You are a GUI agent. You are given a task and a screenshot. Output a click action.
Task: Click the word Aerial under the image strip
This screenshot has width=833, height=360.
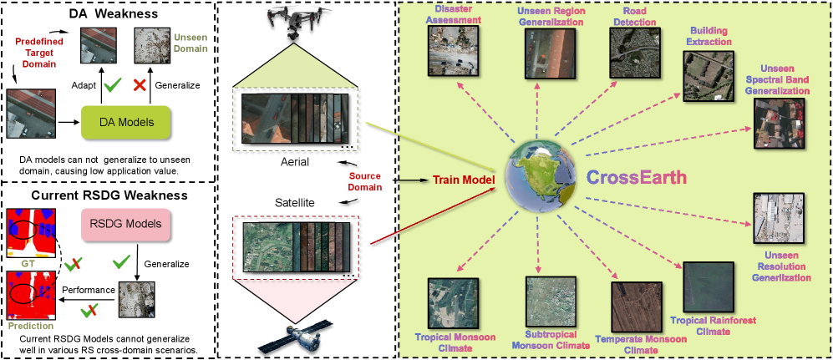296,162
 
